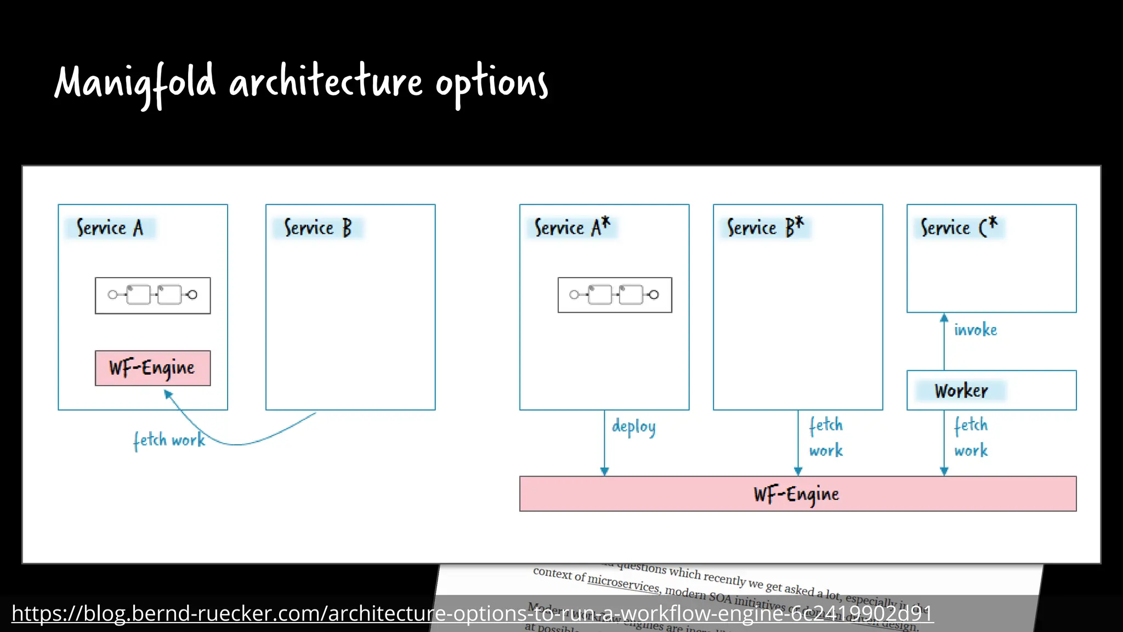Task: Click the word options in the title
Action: pyautogui.click(x=491, y=83)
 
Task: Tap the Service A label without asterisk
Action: pyautogui.click(x=110, y=228)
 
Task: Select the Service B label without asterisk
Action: pyautogui.click(x=317, y=228)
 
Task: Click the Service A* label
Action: pyautogui.click(x=572, y=227)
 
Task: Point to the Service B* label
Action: pyautogui.click(x=765, y=227)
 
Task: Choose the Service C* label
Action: pyautogui.click(x=958, y=227)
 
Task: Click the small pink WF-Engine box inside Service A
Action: pyautogui.click(x=152, y=368)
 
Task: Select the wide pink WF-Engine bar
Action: pyautogui.click(x=797, y=494)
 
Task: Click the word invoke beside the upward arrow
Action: pyautogui.click(x=975, y=330)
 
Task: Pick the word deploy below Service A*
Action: pyautogui.click(x=633, y=427)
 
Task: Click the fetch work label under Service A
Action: pyautogui.click(x=169, y=440)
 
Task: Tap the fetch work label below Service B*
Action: pyautogui.click(x=826, y=437)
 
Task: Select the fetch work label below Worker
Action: pyautogui.click(x=971, y=437)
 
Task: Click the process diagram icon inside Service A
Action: pyautogui.click(x=152, y=295)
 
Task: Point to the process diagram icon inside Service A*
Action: pyautogui.click(x=615, y=295)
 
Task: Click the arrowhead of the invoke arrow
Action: pyautogui.click(x=944, y=318)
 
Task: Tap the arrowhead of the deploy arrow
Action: pyautogui.click(x=604, y=471)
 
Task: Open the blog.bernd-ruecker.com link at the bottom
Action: pyautogui.click(x=472, y=613)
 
